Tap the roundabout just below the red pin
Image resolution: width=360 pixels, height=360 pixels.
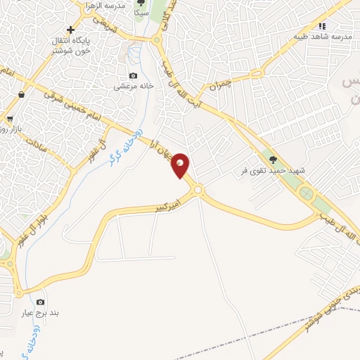point(198,189)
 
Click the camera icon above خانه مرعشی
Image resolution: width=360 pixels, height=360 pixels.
point(133,76)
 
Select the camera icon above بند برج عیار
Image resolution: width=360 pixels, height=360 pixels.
point(40,302)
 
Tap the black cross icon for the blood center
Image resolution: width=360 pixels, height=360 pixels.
point(70,30)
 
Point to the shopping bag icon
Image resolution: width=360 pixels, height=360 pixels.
point(22,94)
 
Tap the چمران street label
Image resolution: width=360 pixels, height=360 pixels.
point(219,86)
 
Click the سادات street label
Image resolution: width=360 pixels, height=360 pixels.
point(37,147)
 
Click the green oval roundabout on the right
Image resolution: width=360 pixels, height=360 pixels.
point(306,193)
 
